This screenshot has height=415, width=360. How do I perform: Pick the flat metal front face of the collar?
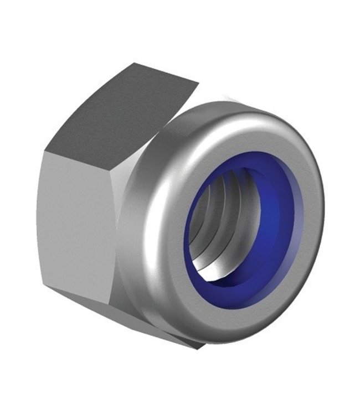coord(310,166)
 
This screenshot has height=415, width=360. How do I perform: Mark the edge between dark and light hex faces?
coord(100,152)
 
